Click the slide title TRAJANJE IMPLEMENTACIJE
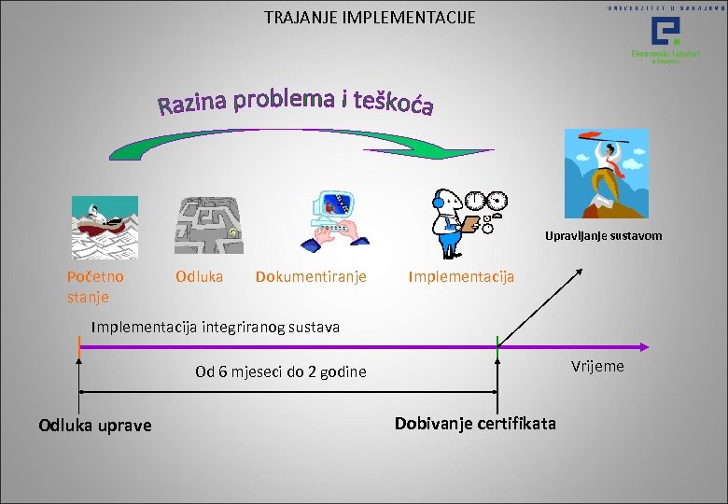tap(370, 17)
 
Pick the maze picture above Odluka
tap(209, 225)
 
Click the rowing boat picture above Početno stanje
tap(104, 227)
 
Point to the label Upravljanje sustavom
tap(603, 236)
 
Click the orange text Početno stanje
tap(94, 287)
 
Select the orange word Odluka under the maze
tap(199, 276)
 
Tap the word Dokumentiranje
tap(311, 276)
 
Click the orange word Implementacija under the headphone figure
tap(461, 277)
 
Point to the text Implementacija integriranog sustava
tap(216, 327)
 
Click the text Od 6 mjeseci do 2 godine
tap(280, 372)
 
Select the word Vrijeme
tap(596, 366)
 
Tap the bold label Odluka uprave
tap(94, 426)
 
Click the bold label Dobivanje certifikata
tap(474, 424)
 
